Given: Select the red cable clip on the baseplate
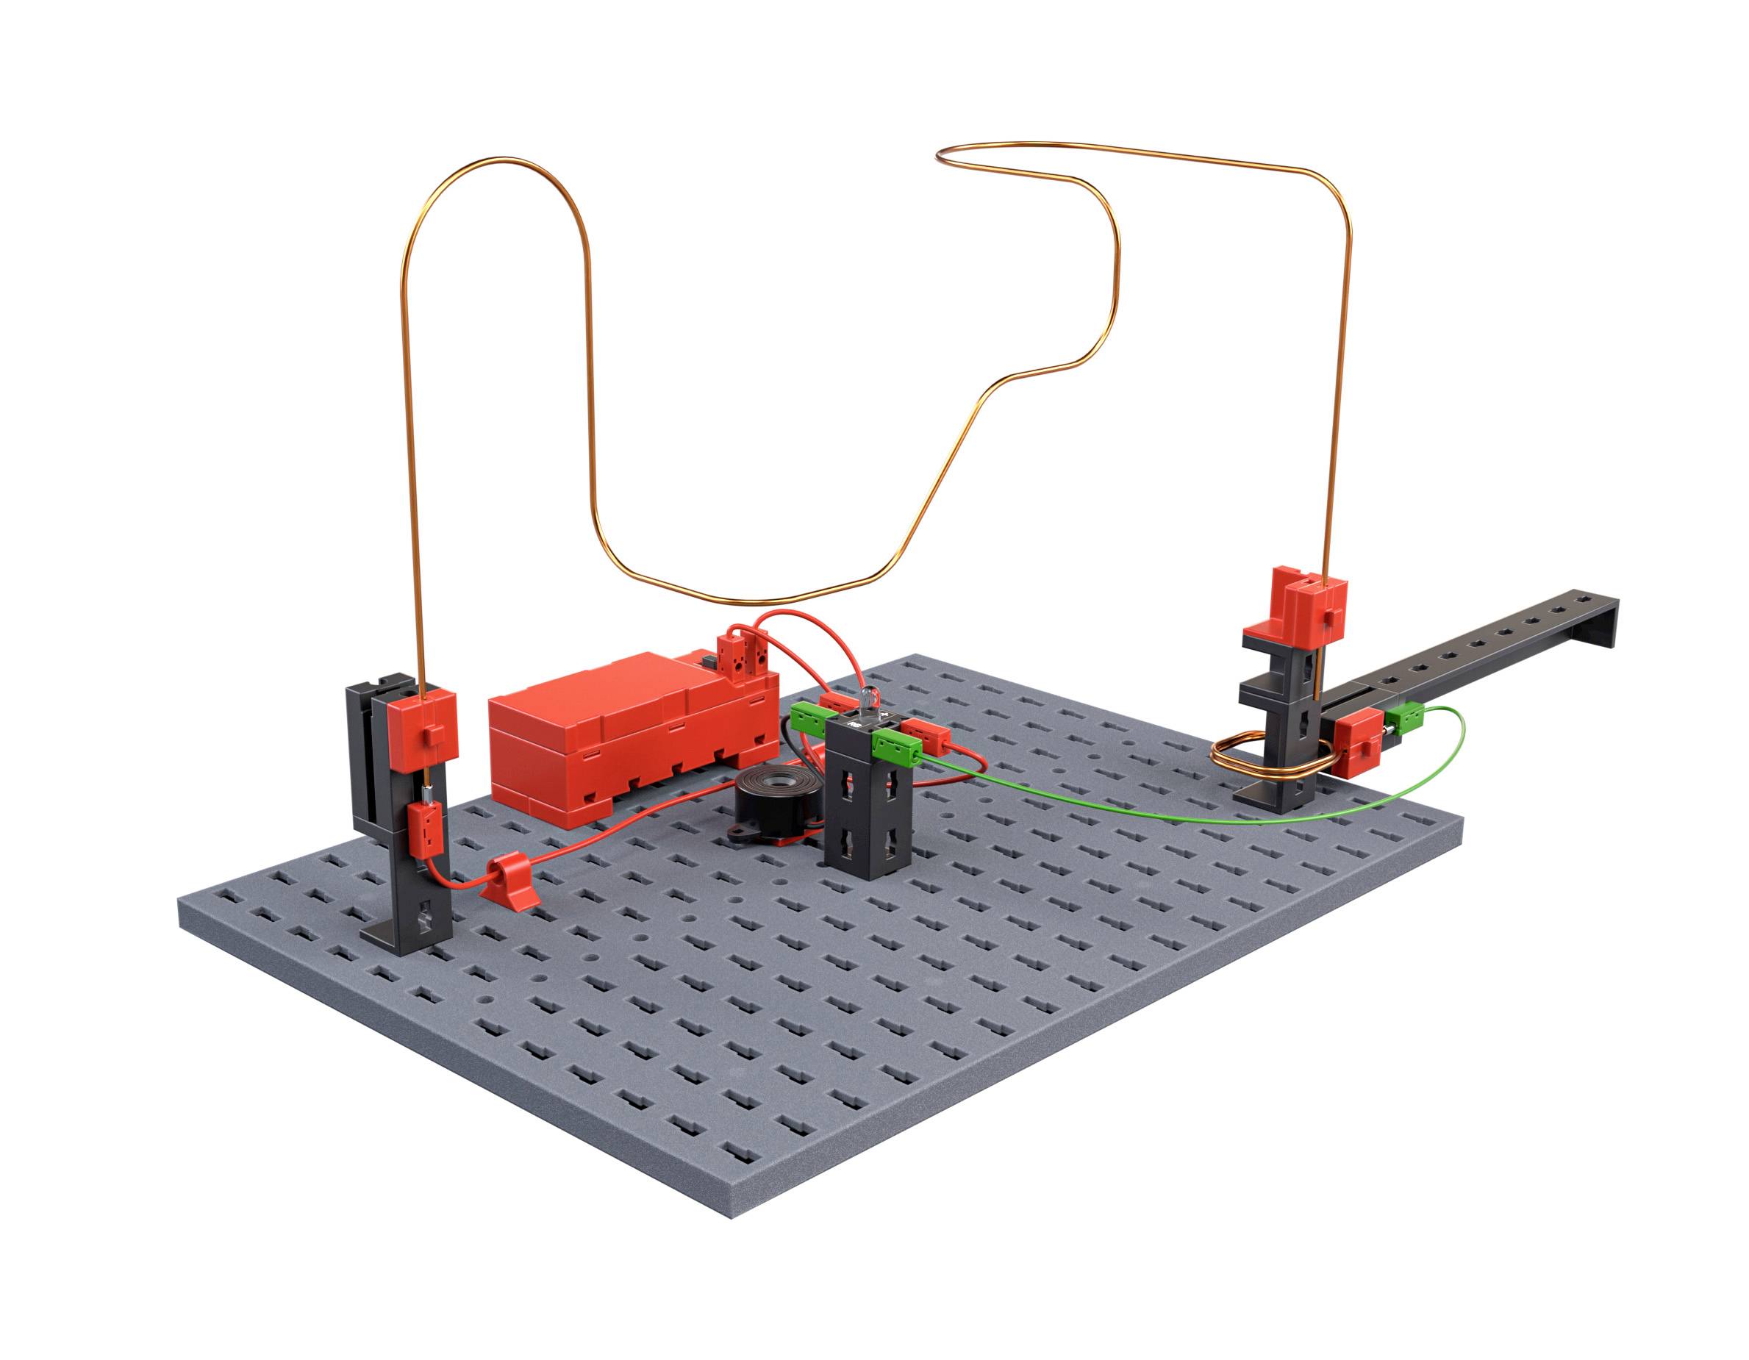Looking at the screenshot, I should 512,882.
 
